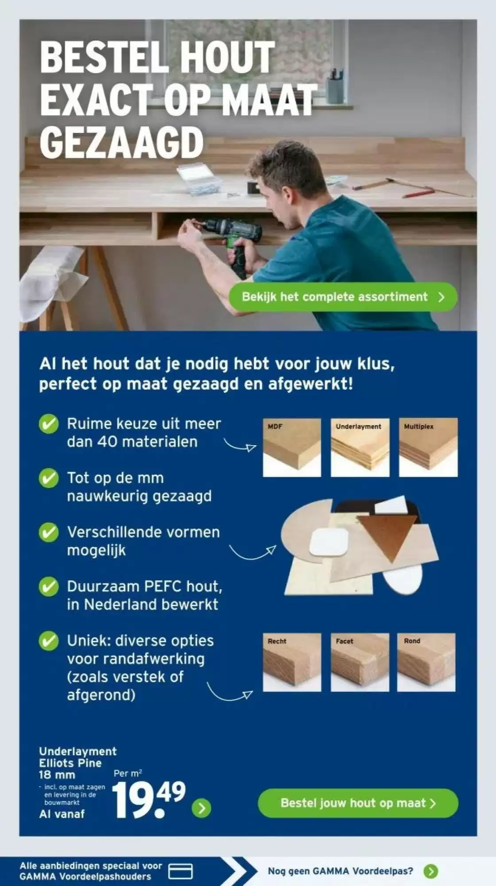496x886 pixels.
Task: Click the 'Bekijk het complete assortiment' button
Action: pos(343,297)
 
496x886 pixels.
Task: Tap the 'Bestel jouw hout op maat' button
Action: pos(358,803)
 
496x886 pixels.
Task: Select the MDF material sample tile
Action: pos(292,447)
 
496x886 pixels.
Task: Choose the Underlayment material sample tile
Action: pos(360,447)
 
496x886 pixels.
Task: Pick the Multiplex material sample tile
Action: pos(428,447)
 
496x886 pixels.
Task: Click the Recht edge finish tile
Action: pos(292,662)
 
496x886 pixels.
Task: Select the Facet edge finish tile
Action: pos(360,662)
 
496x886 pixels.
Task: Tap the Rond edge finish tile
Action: pos(426,662)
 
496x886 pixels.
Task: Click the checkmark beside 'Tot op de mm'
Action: pos(48,478)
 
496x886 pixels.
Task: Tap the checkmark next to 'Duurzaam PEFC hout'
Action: pos(48,587)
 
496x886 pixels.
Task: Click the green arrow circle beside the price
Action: pos(201,808)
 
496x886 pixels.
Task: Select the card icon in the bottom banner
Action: pos(181,871)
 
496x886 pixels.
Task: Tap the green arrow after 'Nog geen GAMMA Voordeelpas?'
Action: pos(430,871)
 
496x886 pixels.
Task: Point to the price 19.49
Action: pos(149,800)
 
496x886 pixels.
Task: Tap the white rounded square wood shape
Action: pos(329,542)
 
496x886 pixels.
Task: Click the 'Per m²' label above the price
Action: pos(128,773)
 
